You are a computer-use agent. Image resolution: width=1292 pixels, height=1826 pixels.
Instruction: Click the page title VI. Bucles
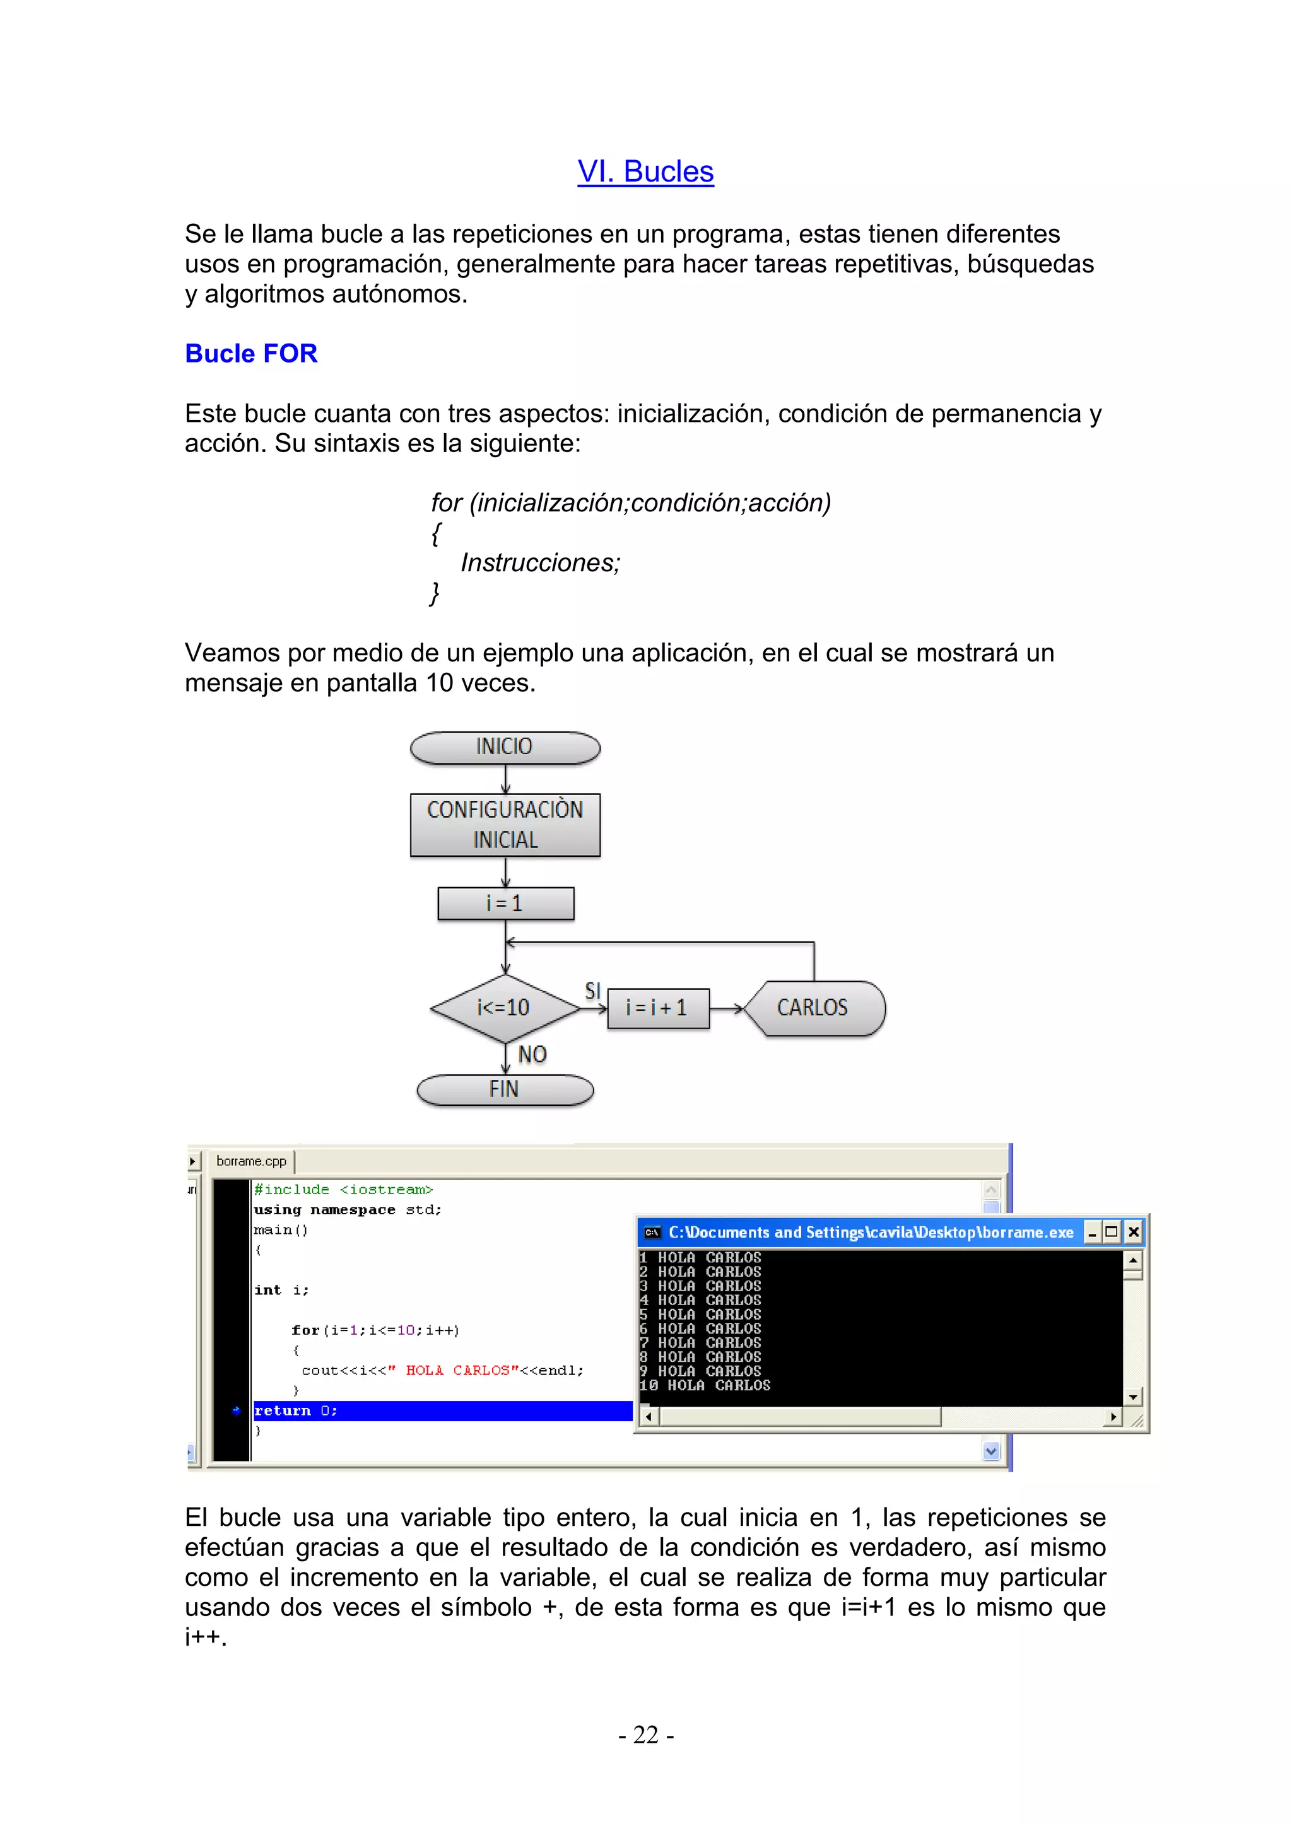[x=645, y=172]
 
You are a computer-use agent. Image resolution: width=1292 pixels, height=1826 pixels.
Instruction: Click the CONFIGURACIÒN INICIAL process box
[x=505, y=825]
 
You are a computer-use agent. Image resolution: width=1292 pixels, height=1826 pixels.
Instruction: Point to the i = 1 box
[x=505, y=904]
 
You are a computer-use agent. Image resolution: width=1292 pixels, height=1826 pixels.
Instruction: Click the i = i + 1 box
[x=657, y=1008]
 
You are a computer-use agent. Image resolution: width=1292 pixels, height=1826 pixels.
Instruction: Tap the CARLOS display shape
[x=813, y=1008]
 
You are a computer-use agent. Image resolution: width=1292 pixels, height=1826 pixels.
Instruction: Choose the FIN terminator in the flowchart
[x=505, y=1090]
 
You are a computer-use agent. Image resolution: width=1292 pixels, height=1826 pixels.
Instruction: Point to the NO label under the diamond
[x=532, y=1055]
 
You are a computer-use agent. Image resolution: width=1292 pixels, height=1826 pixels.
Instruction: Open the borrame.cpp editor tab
[x=250, y=1161]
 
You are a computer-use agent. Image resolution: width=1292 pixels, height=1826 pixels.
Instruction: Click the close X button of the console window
[x=1134, y=1233]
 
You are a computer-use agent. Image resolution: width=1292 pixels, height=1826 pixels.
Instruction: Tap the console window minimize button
[x=1092, y=1233]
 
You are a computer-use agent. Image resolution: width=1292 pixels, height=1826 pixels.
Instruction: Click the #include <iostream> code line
[x=343, y=1190]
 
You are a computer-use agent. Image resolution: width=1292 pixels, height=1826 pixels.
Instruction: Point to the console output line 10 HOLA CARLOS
[x=705, y=1385]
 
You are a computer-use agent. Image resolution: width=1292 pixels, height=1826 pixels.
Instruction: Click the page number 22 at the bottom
[x=645, y=1735]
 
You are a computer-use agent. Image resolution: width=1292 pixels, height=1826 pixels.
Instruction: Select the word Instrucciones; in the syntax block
[x=540, y=563]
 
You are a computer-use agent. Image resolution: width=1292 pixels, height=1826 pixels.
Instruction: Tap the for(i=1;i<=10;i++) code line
[x=375, y=1330]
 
